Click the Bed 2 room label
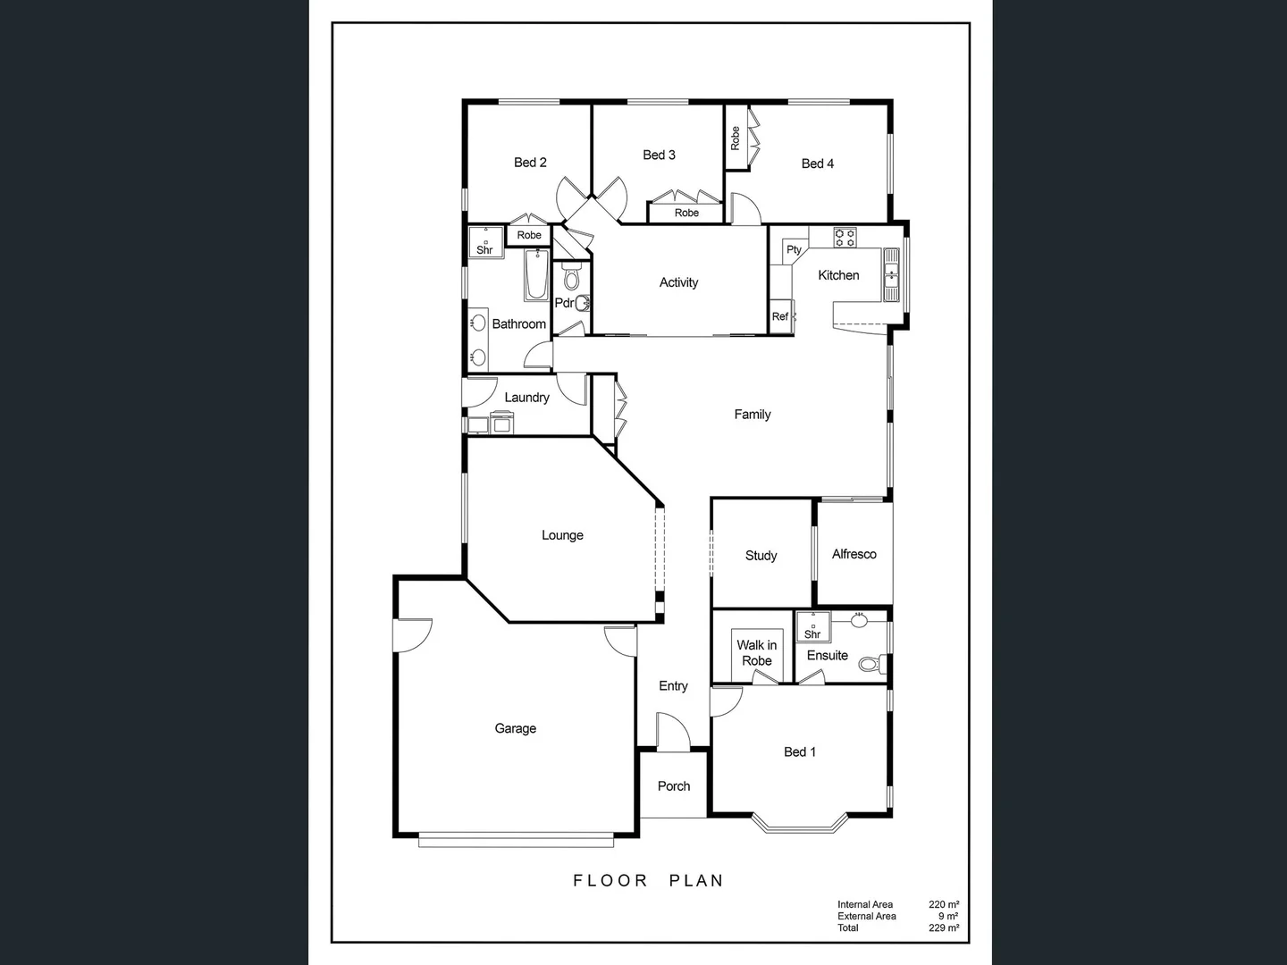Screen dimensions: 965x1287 point(530,163)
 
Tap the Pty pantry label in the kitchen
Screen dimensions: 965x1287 point(794,250)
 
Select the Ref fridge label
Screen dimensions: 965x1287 point(780,316)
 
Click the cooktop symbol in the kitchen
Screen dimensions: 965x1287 point(845,238)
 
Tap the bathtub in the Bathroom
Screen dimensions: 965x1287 point(536,275)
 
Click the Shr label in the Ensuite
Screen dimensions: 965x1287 point(812,634)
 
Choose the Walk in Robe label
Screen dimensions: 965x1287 point(756,653)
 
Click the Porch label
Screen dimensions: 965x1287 point(674,786)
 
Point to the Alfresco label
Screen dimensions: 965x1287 point(854,554)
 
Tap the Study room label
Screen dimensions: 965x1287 point(761,556)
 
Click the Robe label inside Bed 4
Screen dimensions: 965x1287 point(736,138)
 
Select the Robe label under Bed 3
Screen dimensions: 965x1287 point(686,213)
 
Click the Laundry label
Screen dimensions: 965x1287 point(526,398)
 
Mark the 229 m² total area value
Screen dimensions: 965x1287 point(943,927)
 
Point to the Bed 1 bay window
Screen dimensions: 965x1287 point(799,823)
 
